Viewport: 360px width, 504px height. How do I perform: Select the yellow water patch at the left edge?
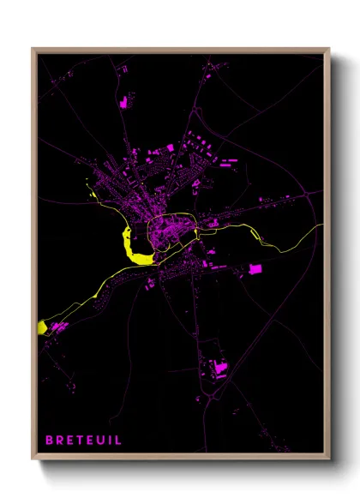[x=42, y=327]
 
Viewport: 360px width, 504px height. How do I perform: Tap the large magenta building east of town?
[x=254, y=271]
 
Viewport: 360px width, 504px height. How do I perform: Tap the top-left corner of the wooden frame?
[x=33, y=49]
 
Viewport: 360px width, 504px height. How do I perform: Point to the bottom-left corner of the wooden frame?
[x=33, y=459]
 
